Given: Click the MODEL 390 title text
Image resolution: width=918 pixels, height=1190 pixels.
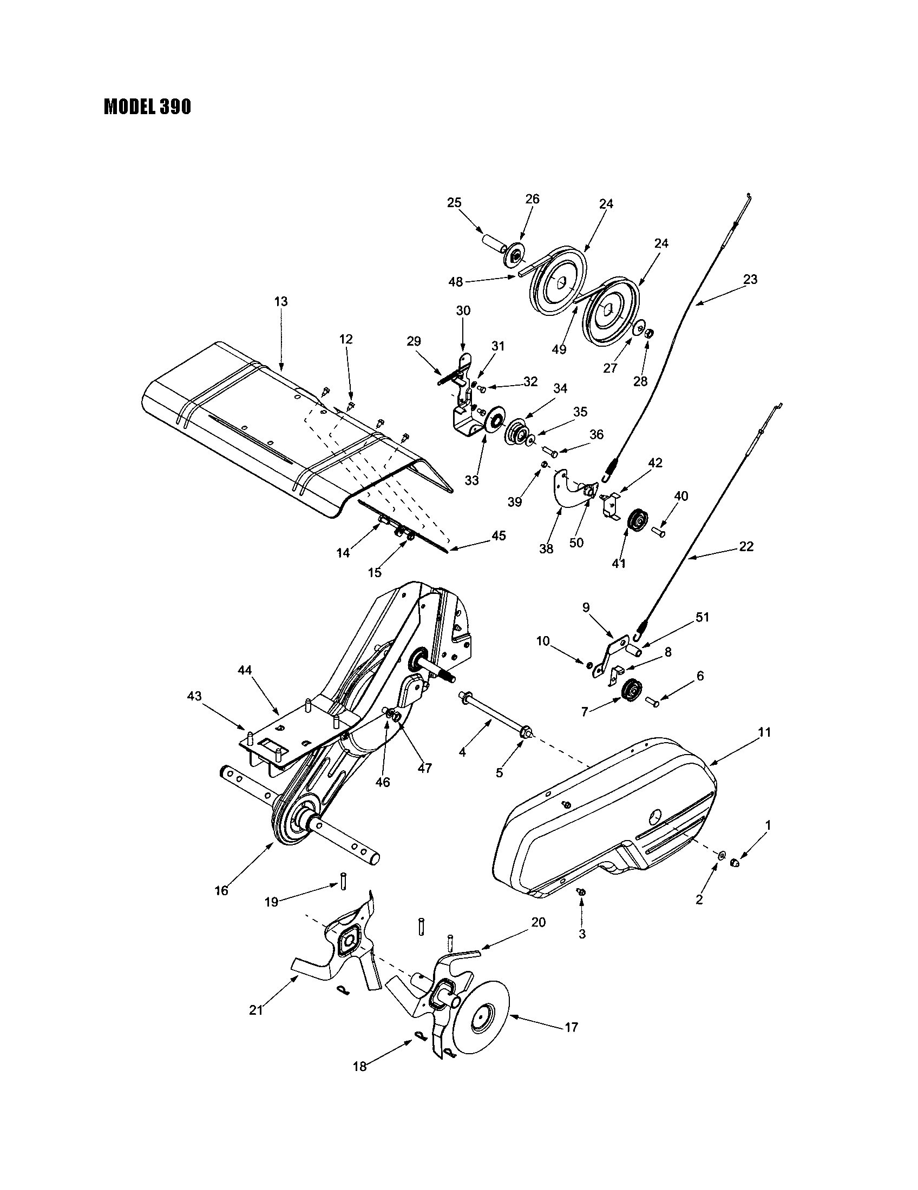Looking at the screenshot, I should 147,107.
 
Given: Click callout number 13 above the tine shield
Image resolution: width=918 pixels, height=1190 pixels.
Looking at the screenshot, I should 281,301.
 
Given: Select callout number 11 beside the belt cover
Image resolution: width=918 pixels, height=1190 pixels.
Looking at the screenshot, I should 764,732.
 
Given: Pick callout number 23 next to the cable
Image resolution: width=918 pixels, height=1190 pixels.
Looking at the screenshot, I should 750,280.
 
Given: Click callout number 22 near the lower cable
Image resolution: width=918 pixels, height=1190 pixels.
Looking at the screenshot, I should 746,546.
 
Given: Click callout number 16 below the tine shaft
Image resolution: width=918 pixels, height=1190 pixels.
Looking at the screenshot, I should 221,891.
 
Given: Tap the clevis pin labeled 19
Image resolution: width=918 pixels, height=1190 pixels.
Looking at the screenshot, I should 343,882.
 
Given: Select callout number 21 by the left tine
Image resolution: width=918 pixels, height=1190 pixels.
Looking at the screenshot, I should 256,1010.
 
